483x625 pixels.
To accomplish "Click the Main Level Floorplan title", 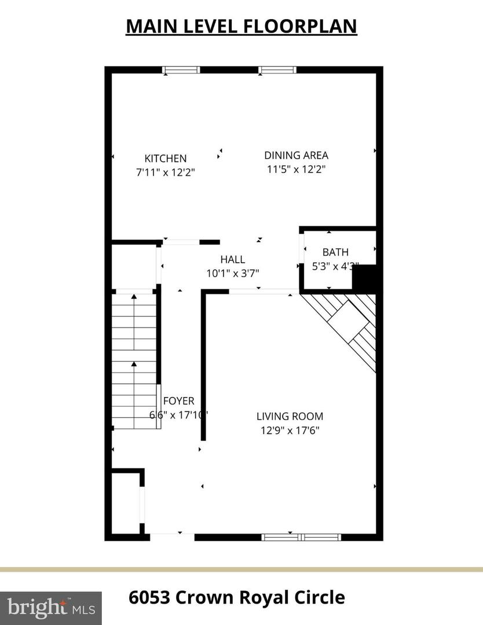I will pyautogui.click(x=241, y=26).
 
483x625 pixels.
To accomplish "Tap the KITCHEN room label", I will pyautogui.click(x=166, y=158).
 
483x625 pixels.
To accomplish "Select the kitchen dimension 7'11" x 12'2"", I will pyautogui.click(x=166, y=172).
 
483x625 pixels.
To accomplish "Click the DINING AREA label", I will pyautogui.click(x=296, y=155).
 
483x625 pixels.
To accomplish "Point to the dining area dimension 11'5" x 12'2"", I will pyautogui.click(x=296, y=170).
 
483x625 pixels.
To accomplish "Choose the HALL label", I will pyautogui.click(x=232, y=259).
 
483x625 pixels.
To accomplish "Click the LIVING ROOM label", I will pyautogui.click(x=290, y=416).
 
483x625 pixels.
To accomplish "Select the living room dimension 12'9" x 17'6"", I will pyautogui.click(x=290, y=430).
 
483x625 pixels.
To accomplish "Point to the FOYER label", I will pyautogui.click(x=178, y=400).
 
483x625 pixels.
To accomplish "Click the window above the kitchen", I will pyautogui.click(x=181, y=70).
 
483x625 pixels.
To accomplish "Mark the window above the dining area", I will pyautogui.click(x=277, y=70).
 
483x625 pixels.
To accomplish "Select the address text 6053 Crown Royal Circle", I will pyautogui.click(x=236, y=597).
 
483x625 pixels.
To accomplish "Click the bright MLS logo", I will pyautogui.click(x=51, y=608).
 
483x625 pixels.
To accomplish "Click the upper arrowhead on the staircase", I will pyautogui.click(x=134, y=296).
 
